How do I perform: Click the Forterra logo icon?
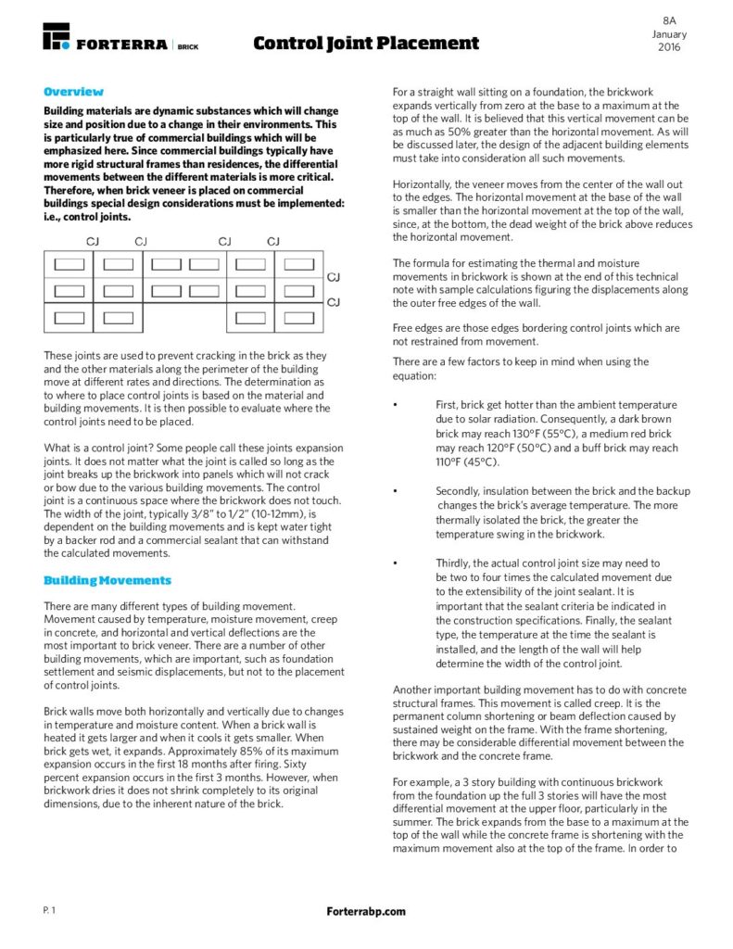click(x=57, y=36)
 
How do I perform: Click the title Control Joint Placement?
click(x=366, y=43)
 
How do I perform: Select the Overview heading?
click(x=73, y=92)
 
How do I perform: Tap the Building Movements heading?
click(x=107, y=580)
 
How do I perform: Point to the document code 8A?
click(x=669, y=19)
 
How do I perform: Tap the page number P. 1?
click(x=49, y=911)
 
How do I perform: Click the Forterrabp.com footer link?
click(x=366, y=912)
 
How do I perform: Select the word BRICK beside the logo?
click(x=188, y=44)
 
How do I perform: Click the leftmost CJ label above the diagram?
click(x=93, y=242)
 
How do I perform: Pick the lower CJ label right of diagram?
click(x=335, y=301)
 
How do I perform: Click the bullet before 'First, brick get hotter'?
click(x=396, y=405)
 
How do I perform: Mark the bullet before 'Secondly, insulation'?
click(x=396, y=491)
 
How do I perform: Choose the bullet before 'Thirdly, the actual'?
click(x=396, y=563)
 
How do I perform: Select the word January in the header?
click(x=669, y=33)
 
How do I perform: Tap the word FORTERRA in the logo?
click(x=122, y=44)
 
